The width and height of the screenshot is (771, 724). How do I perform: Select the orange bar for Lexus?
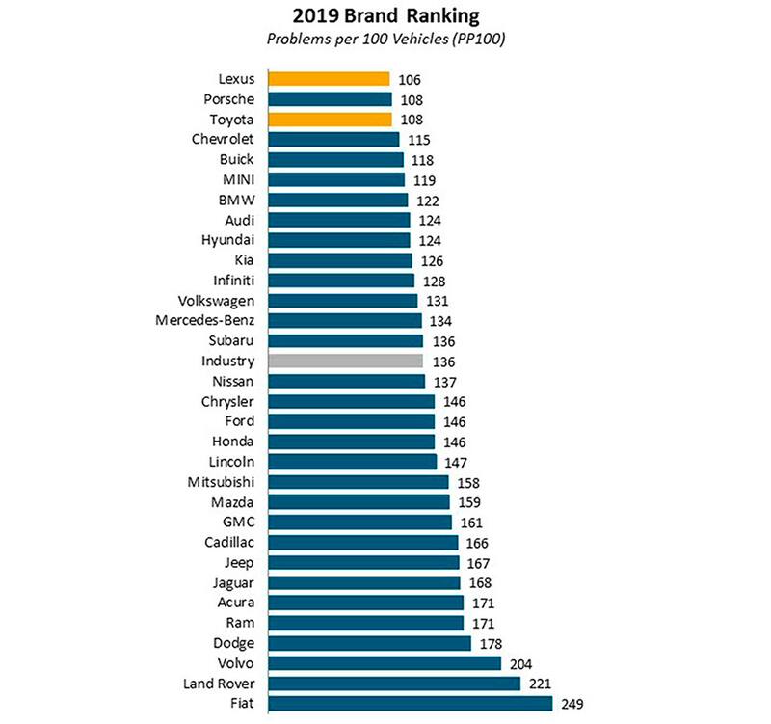pyautogui.click(x=329, y=79)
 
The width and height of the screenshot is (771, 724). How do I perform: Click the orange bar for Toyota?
pyautogui.click(x=330, y=120)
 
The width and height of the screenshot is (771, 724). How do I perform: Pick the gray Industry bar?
pyautogui.click(x=345, y=361)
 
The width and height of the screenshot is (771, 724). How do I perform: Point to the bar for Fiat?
pyautogui.click(x=411, y=703)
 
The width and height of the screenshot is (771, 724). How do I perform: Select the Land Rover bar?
pyautogui.click(x=394, y=684)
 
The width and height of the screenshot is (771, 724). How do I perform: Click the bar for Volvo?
pyautogui.click(x=385, y=663)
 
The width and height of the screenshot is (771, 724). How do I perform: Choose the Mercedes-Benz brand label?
pyautogui.click(x=207, y=320)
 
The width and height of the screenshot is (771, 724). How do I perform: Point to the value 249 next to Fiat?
pyautogui.click(x=572, y=705)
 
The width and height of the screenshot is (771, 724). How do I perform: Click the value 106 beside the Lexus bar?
pyautogui.click(x=410, y=80)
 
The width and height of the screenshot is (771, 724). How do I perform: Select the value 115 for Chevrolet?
pyautogui.click(x=419, y=140)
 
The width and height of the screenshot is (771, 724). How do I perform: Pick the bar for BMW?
pyautogui.click(x=337, y=200)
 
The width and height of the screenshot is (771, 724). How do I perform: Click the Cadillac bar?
pyautogui.click(x=363, y=543)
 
